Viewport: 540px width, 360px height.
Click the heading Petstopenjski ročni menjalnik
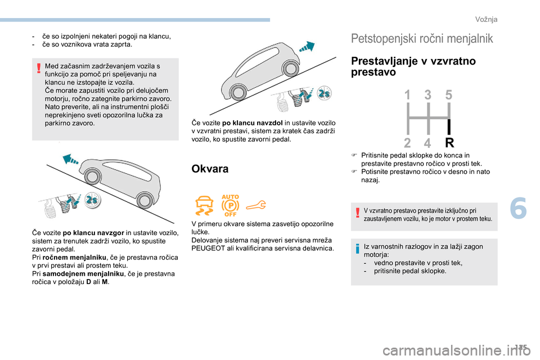[422, 38]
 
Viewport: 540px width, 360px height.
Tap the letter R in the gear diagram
[449, 142]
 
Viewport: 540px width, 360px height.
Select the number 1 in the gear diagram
[407, 96]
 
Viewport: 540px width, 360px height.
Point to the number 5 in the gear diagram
[449, 96]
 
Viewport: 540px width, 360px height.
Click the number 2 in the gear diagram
[407, 142]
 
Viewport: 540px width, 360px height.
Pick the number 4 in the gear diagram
[428, 142]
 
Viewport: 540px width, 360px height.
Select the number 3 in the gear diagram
[428, 96]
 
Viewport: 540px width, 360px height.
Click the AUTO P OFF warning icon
[231, 205]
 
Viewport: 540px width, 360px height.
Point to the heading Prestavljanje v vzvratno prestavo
[413, 66]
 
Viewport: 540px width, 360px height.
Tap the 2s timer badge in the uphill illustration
[91, 200]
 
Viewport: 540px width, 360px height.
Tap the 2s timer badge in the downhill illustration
[325, 93]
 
